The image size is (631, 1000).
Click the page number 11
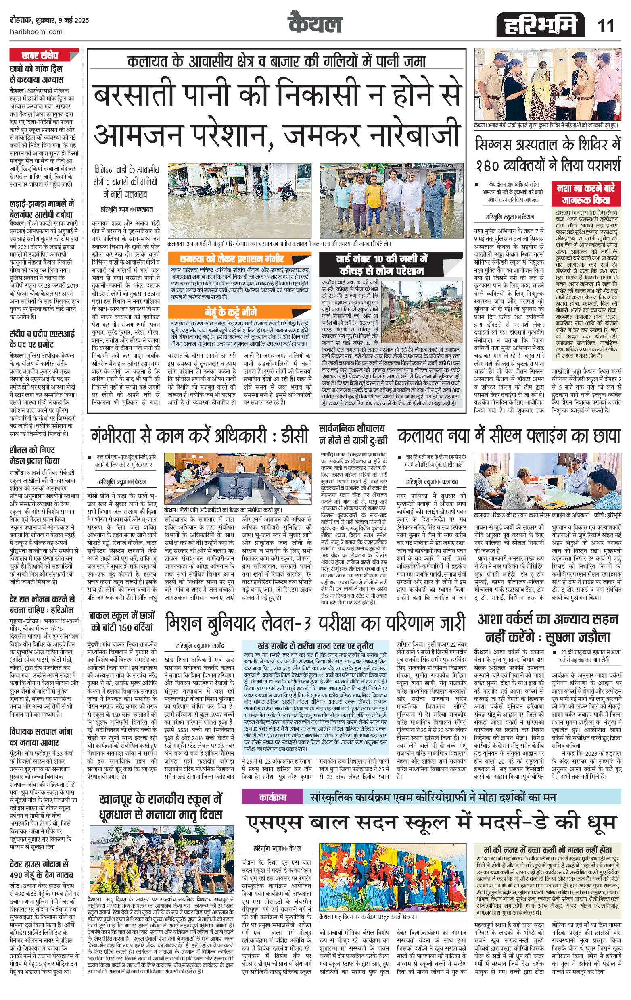click(606, 26)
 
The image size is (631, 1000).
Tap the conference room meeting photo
click(238, 479)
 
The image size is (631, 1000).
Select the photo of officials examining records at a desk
click(547, 481)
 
